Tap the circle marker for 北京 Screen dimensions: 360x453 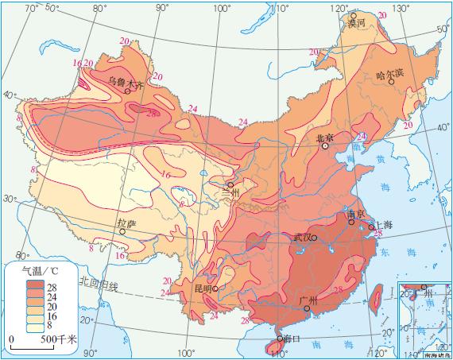[x=324, y=146]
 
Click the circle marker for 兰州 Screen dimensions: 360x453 [x=230, y=184]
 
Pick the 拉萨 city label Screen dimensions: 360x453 [x=126, y=223]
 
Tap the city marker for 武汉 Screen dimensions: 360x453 [x=314, y=238]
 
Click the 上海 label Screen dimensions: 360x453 [x=381, y=225]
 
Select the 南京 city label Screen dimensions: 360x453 [x=355, y=215]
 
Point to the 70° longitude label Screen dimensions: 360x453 [x=32, y=8]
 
